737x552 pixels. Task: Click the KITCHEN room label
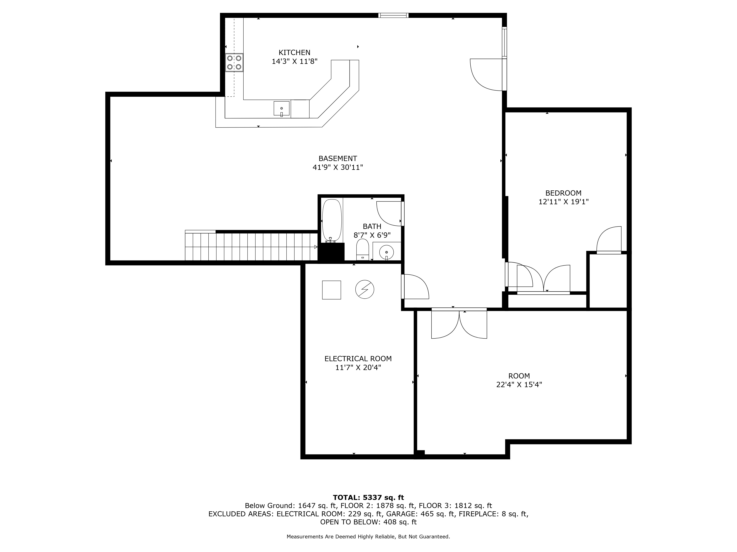coord(294,53)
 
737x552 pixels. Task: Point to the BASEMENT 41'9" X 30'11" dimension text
coord(338,167)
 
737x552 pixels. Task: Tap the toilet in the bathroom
coord(362,249)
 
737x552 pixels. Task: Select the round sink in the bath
coord(387,252)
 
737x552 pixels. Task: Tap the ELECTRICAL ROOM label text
coord(358,359)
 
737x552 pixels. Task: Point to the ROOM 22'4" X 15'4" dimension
coord(519,385)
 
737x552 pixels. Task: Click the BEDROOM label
coord(563,193)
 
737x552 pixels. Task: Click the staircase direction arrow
coord(315,247)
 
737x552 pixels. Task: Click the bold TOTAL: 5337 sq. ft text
coord(368,497)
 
